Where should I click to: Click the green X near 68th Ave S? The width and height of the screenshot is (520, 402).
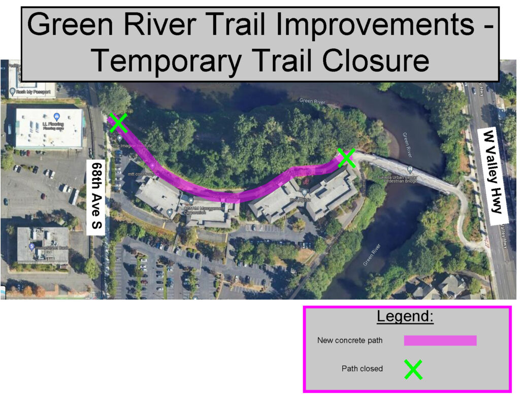[x=118, y=122]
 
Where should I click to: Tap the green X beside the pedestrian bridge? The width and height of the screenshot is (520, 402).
[x=347, y=157]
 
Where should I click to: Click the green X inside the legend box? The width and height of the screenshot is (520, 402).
[x=413, y=369]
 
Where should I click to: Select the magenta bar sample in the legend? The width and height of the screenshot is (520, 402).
[x=440, y=341]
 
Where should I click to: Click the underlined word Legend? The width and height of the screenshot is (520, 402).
[x=405, y=317]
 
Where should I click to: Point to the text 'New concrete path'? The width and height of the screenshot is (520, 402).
[x=350, y=341]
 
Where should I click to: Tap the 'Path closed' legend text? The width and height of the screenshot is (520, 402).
[x=362, y=369]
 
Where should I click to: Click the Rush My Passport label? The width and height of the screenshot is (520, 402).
[x=30, y=92]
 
